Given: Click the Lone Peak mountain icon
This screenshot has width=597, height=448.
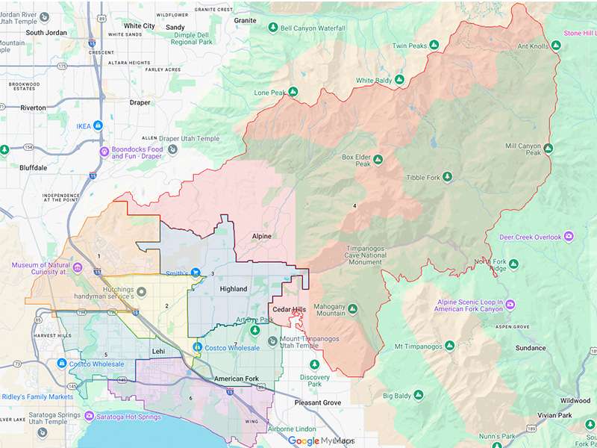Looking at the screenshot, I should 293,93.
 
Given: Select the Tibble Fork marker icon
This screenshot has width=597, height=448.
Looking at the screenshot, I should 448,177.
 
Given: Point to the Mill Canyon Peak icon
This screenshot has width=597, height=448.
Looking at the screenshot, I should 548,149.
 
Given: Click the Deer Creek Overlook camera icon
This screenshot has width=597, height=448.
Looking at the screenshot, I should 569,237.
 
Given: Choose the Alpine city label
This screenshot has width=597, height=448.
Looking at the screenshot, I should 261,236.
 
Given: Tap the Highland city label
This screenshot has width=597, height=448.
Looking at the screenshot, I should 233,289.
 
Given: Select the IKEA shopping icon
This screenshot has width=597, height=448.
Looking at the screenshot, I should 98,125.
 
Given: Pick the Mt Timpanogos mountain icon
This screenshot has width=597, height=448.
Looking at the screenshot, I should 449,346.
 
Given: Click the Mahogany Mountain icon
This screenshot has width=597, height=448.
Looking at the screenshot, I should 353,308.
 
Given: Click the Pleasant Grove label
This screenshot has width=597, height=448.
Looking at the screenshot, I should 315,402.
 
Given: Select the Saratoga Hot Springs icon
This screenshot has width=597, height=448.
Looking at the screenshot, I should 90,416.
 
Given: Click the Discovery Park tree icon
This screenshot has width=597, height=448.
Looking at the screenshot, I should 314,364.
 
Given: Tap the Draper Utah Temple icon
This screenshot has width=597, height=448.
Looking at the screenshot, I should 172,149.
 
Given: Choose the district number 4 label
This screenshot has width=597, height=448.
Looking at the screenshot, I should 354,205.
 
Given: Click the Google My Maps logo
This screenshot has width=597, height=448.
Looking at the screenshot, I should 321,441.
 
